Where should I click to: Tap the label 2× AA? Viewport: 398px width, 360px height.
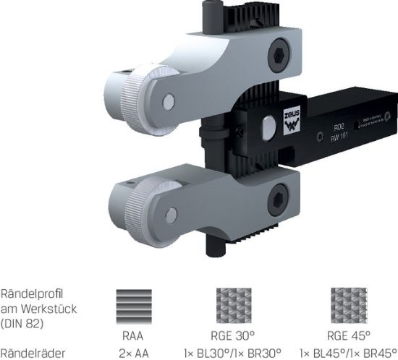[x=133, y=353]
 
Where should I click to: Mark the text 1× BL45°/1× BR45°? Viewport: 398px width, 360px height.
[x=347, y=353]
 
